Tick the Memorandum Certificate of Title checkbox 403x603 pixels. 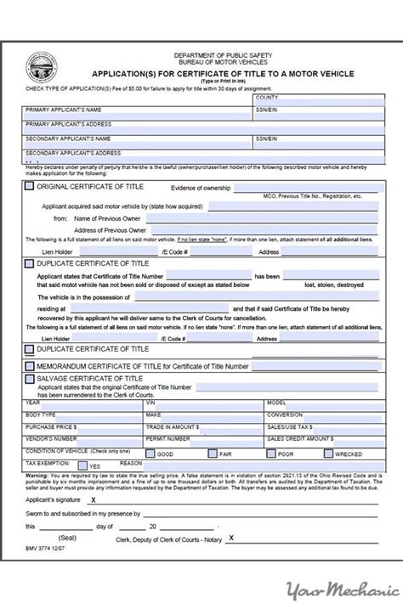pos(30,366)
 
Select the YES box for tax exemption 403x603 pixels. pos(82,465)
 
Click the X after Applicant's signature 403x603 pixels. pos(93,501)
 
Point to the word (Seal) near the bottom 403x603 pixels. pos(71,538)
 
